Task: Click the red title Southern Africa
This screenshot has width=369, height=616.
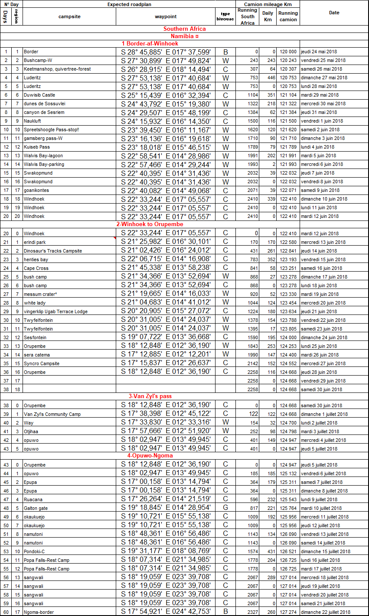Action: pos(184,29)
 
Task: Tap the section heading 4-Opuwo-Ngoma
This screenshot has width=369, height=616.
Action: pos(150,455)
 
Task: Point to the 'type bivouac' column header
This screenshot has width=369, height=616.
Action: pos(225,16)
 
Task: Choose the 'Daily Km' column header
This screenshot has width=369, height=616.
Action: pos(268,16)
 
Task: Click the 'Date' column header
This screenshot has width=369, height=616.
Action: pos(334,13)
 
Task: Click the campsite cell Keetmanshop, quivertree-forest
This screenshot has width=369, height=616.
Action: pos(57,69)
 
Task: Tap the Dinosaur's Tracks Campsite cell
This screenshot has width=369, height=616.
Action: pos(53,251)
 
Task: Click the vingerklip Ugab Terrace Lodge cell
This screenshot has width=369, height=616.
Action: pos(56,311)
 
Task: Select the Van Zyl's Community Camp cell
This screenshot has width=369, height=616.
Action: pos(52,414)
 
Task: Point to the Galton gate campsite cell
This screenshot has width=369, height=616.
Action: pos(36,508)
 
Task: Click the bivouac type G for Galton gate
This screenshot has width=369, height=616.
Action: pos(225,508)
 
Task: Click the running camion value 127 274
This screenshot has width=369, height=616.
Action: pos(288,612)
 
